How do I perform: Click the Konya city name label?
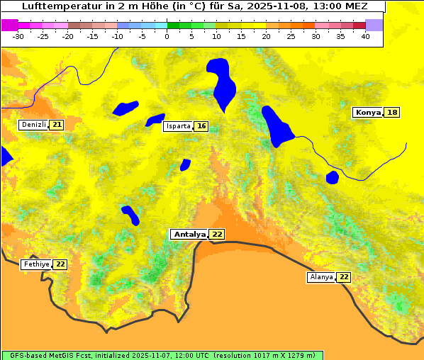368,113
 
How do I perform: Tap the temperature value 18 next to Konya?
392,113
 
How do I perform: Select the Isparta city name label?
178,126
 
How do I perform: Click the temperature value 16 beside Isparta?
201,126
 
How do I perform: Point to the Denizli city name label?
33,125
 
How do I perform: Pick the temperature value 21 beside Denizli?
57,125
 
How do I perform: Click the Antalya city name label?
189,234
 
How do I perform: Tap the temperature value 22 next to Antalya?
217,234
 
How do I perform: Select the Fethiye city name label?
36,264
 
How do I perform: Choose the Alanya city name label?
321,277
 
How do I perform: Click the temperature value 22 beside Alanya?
344,277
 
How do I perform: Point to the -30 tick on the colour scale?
18,36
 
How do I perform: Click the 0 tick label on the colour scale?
167,36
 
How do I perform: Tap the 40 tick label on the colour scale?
365,36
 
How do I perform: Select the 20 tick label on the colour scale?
266,36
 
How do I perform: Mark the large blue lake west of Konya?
277,126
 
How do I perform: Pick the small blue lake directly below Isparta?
185,164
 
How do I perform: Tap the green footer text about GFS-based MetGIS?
162,355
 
